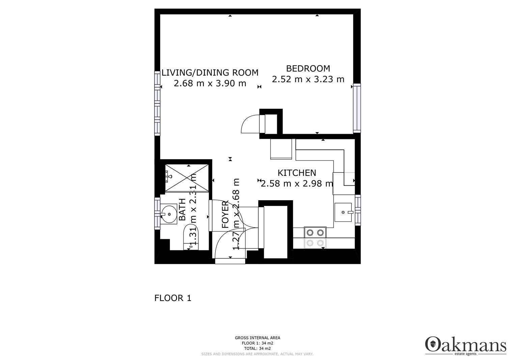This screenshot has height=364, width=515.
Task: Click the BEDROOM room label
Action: point(308,68)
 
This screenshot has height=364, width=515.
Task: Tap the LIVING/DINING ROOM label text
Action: point(210,72)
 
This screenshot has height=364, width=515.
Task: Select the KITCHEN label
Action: point(297,173)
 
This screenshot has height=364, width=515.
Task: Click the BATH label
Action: point(182,210)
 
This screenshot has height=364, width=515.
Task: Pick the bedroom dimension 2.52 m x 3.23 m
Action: point(308,79)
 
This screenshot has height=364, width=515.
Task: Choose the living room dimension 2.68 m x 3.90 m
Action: point(210,83)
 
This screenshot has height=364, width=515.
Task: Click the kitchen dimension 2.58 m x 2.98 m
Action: point(297,184)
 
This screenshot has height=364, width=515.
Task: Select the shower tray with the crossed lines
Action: point(187,178)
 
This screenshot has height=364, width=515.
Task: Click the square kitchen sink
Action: point(343,212)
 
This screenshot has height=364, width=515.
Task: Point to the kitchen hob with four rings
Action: point(315,238)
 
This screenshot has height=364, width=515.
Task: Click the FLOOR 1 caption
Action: point(173,298)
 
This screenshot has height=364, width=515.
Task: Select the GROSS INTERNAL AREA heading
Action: point(258,338)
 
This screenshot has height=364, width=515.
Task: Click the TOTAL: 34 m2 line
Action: point(258,348)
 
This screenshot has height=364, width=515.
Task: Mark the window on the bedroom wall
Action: point(357,108)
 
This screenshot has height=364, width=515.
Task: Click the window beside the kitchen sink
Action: point(358,210)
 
